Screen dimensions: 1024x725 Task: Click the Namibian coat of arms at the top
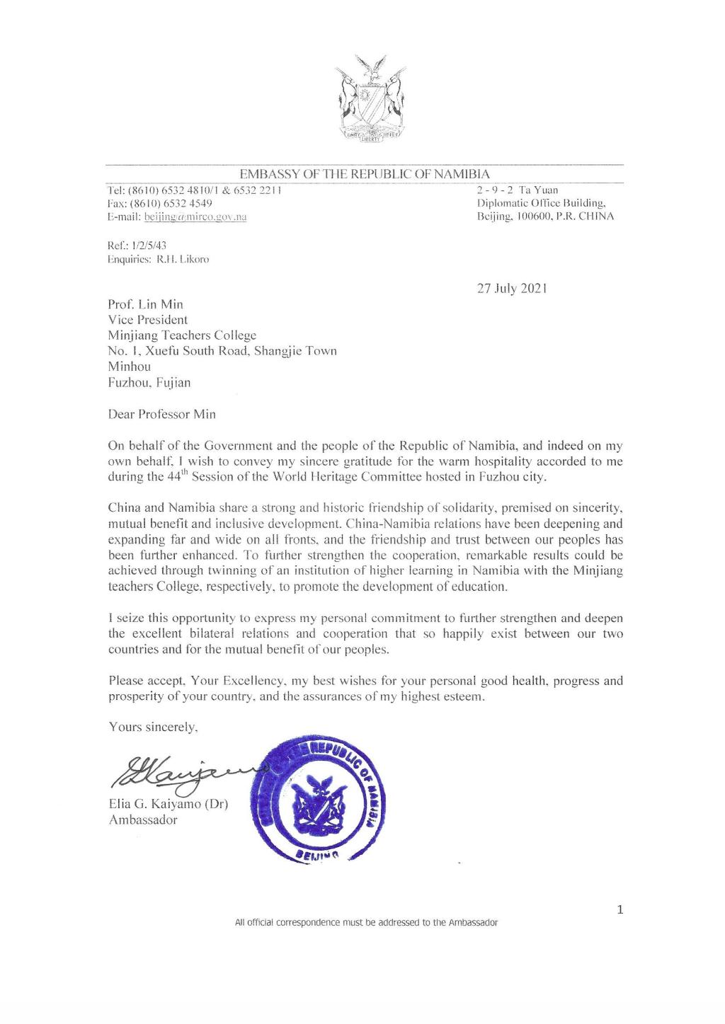[x=370, y=100]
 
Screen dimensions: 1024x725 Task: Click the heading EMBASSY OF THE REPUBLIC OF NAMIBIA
[x=365, y=173]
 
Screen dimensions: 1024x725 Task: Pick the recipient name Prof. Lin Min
[x=145, y=304]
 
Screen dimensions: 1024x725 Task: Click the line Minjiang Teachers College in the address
[x=182, y=335]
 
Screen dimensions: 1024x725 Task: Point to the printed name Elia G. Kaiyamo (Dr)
[x=168, y=805]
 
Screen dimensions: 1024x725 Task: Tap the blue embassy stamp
[x=315, y=798]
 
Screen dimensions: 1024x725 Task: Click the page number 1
[x=620, y=910]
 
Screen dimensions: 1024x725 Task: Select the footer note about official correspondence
[x=366, y=923]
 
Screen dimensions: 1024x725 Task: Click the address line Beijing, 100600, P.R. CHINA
[x=546, y=216]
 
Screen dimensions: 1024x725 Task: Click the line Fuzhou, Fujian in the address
[x=149, y=383]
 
